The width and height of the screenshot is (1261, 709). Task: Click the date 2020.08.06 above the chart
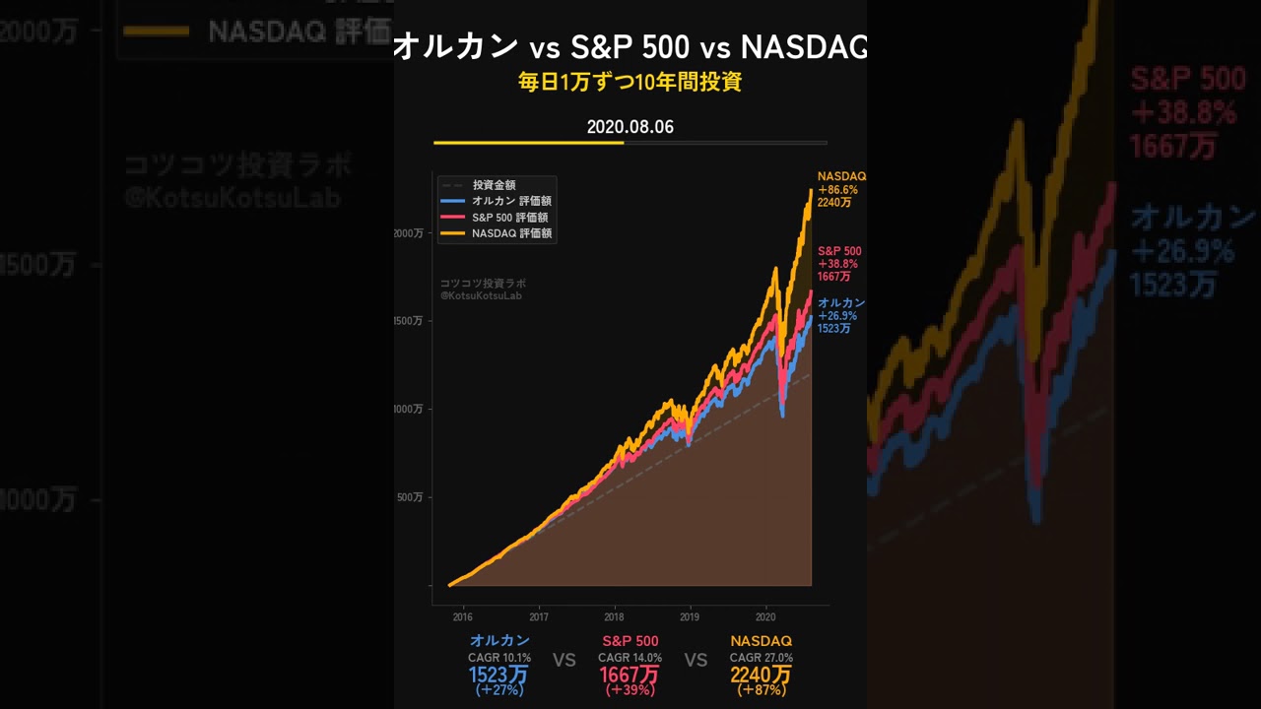point(630,127)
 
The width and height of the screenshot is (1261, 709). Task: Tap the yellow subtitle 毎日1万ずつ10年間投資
point(630,83)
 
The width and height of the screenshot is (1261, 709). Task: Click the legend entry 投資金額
point(494,185)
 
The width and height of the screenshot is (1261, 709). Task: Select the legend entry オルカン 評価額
point(510,201)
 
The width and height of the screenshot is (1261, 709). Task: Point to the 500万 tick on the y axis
point(411,497)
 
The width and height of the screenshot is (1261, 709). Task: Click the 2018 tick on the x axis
point(614,617)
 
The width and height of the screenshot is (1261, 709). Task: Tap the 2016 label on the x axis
point(462,617)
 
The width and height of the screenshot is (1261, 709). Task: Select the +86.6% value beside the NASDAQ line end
point(838,189)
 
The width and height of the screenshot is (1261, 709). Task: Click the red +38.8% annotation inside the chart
point(838,264)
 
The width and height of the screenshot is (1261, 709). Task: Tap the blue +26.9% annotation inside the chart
point(837,316)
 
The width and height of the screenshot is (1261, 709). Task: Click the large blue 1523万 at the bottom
point(498,676)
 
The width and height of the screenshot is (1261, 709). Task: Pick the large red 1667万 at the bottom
point(630,676)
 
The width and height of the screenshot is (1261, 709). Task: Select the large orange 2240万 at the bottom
point(761,676)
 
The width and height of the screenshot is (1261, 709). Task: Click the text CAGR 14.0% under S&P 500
point(630,658)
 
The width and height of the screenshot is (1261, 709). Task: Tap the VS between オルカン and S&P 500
point(564,660)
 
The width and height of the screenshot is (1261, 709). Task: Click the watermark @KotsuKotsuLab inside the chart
point(481,295)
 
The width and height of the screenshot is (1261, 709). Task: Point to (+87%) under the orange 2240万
point(761,691)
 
